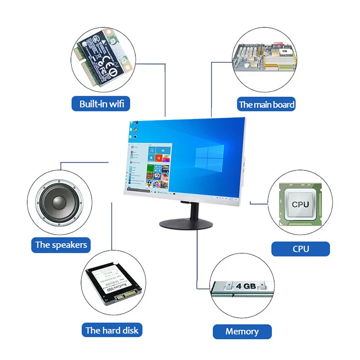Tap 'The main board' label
coord(266,104)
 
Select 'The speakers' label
coord(61,245)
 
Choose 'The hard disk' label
coord(111,330)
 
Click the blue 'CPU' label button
coord(300,249)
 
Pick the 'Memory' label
coord(242,331)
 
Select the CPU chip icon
coord(300,204)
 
